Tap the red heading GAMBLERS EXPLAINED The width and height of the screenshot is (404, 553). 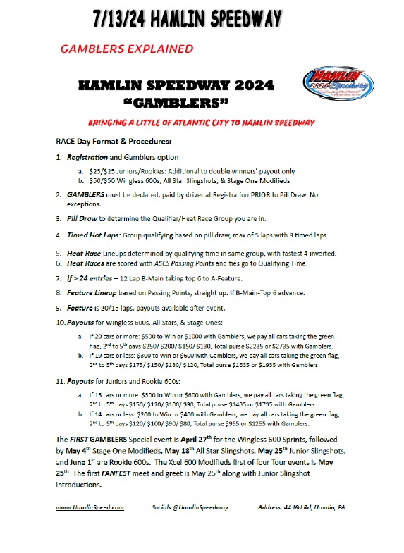(x=127, y=49)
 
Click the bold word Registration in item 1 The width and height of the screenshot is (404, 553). (x=90, y=156)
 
